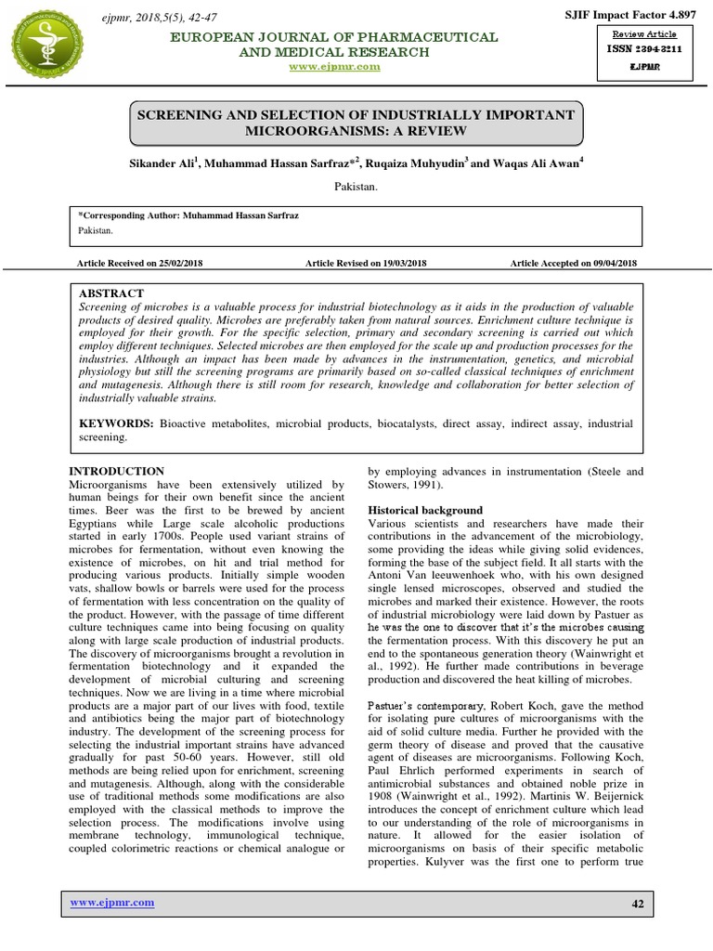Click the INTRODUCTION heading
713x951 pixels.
[118, 472]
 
